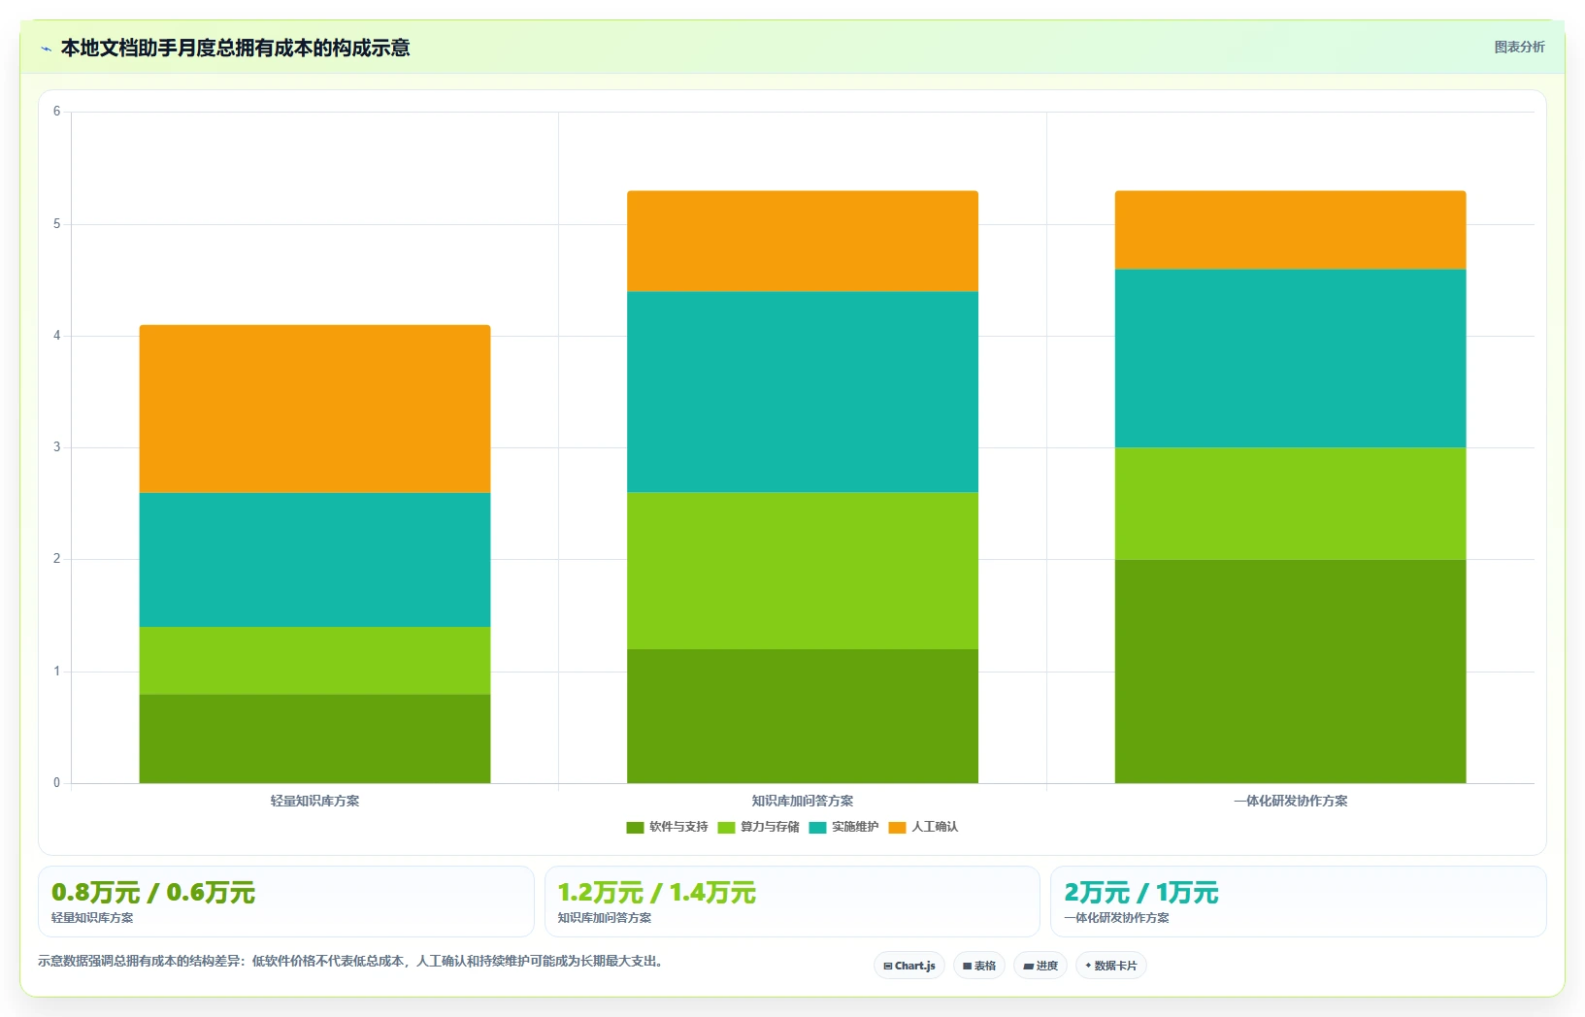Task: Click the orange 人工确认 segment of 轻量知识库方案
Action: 314,409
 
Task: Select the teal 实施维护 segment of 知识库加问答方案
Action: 803,392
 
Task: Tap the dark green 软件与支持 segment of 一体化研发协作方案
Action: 1291,672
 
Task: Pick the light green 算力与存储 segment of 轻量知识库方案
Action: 314,661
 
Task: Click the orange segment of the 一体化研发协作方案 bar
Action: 1291,230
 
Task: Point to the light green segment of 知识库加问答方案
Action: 803,571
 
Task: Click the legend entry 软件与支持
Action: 667,827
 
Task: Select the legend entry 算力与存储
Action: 759,827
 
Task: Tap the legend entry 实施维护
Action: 844,827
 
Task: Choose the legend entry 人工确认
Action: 923,827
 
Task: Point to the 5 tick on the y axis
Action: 56,224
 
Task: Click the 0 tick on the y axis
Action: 56,783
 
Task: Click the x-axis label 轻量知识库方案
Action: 314,801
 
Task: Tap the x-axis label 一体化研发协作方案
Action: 1291,801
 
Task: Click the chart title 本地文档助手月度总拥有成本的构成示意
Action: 236,48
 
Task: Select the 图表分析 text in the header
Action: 1519,47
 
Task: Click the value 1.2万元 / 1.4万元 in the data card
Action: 657,893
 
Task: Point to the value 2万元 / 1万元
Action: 1141,893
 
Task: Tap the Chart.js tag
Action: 909,966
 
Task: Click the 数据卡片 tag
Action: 1111,966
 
